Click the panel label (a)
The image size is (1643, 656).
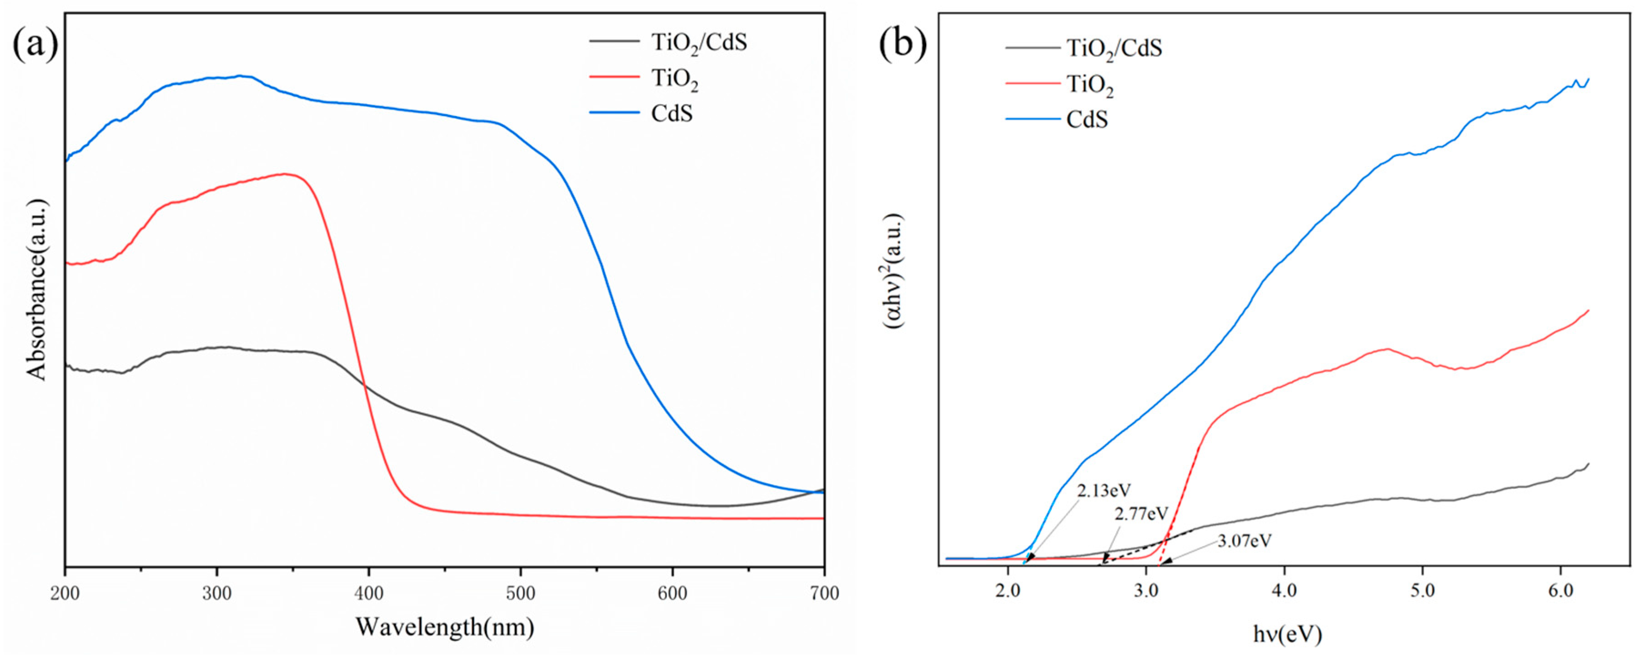35,45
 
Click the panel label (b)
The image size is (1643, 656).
902,45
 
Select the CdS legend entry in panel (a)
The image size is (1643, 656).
671,114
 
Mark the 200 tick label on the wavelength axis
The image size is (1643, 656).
65,594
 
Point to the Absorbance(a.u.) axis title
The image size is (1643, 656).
37,290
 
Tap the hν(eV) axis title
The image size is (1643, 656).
1288,634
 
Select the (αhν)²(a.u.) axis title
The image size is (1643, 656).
893,271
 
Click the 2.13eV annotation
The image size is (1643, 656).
1104,490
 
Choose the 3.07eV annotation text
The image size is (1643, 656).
1245,541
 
